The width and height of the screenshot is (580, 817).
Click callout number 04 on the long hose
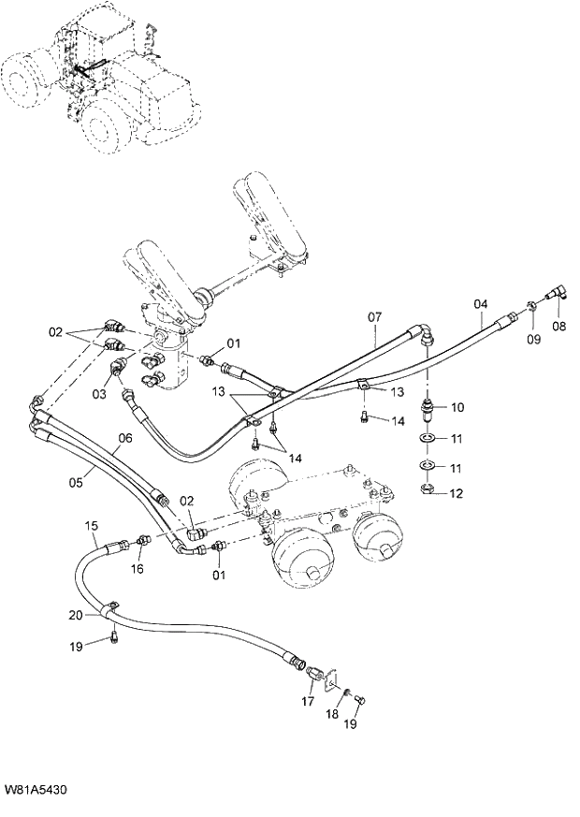tap(480, 304)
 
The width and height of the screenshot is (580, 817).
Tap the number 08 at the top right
tap(559, 328)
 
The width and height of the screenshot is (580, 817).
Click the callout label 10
tap(457, 408)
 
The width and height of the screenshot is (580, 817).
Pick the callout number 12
tap(457, 493)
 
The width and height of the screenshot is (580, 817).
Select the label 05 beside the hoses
tap(76, 482)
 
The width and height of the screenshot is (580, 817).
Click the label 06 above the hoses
tap(125, 437)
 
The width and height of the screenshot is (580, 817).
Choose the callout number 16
tap(137, 568)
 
